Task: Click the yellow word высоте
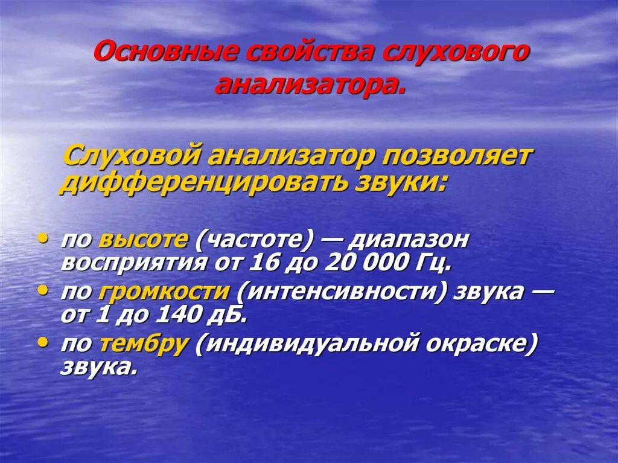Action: point(143,240)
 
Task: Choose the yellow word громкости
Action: point(163,292)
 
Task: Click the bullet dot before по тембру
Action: point(43,342)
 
